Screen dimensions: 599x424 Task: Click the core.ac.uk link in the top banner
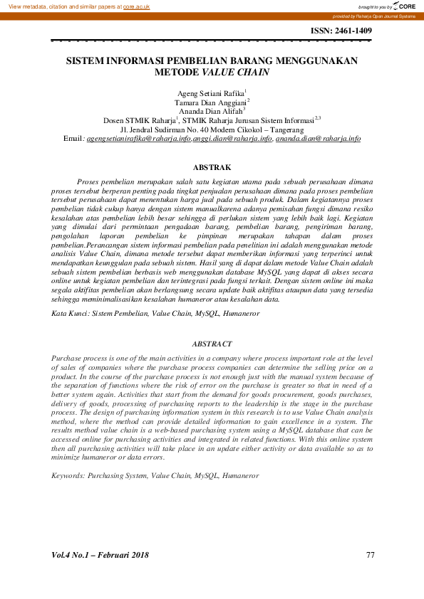pyautogui.click(x=137, y=6)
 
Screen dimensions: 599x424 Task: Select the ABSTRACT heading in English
pyautogui.click(x=212, y=344)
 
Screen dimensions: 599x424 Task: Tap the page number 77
pyautogui.click(x=370, y=555)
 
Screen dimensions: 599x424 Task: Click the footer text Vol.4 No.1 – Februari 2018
pyautogui.click(x=100, y=555)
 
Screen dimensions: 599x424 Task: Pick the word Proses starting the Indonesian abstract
pyautogui.click(x=89, y=183)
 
